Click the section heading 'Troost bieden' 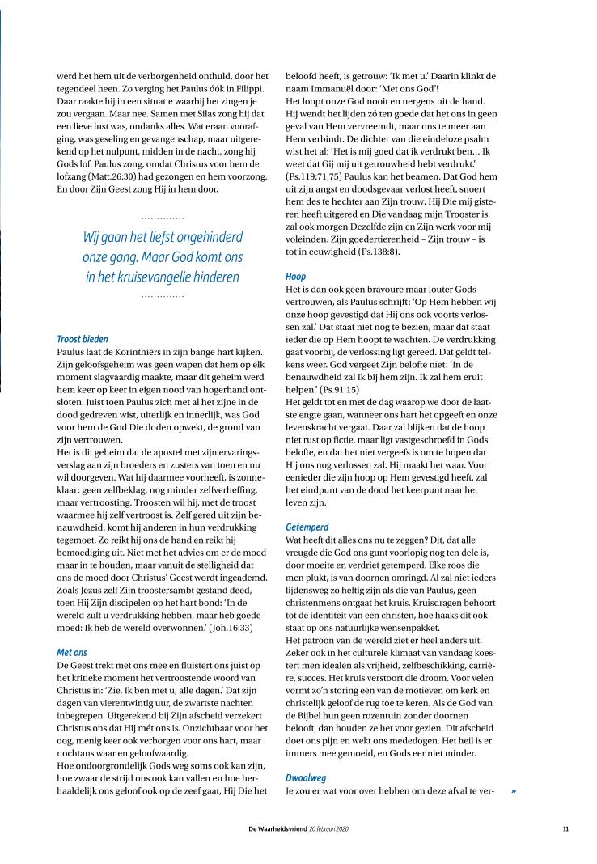pyautogui.click(x=83, y=339)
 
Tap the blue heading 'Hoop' pyautogui.click(x=295, y=276)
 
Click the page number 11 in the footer pyautogui.click(x=565, y=829)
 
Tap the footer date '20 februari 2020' pyautogui.click(x=329, y=829)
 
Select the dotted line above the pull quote pyautogui.click(x=162, y=218)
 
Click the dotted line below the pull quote pyautogui.click(x=162, y=297)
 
